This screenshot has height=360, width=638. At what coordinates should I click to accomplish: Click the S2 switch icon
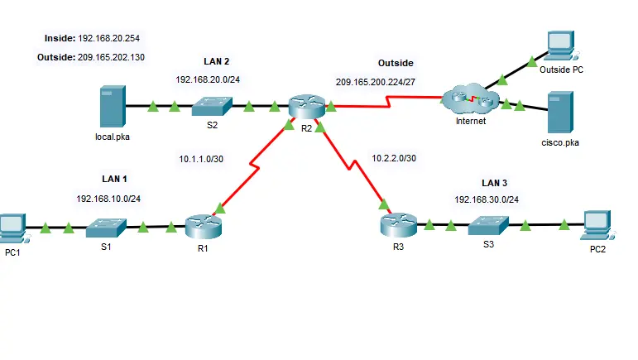coord(212,107)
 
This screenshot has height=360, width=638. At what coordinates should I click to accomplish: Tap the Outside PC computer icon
coord(561,48)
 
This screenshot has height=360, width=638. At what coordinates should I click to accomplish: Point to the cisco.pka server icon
coord(559,112)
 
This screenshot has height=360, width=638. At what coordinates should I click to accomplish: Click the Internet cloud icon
coord(467,101)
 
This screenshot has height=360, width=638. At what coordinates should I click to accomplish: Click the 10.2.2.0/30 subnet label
coord(393,158)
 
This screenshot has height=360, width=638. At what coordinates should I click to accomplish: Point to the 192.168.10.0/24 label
coord(107,199)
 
